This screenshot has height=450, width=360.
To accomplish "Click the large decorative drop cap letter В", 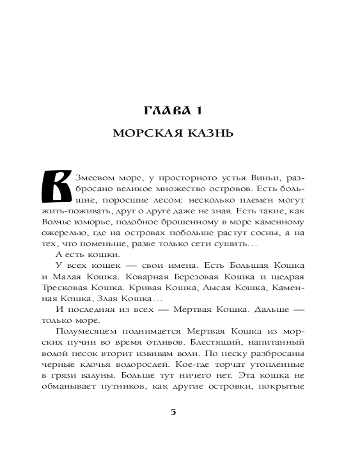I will [x=56, y=186].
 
